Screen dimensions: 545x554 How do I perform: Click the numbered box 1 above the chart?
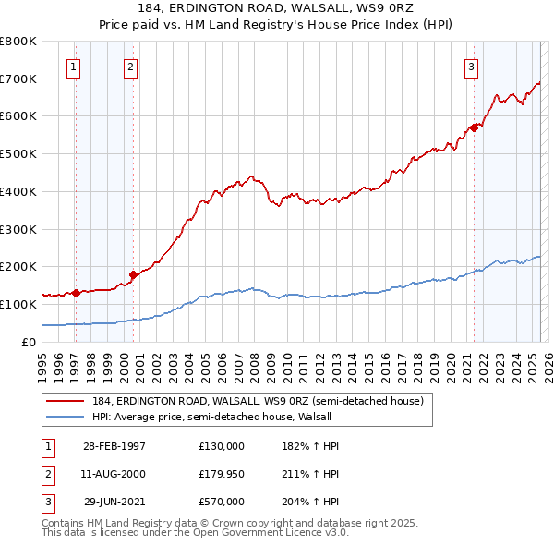(72, 67)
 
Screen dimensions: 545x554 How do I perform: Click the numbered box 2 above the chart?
(131, 67)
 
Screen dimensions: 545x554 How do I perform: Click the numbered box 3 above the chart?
(471, 67)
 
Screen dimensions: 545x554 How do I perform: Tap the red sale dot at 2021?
(475, 127)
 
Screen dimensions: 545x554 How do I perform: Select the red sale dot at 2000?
(133, 273)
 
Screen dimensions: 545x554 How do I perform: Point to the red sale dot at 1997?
(77, 293)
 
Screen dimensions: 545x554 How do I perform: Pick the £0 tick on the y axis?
(29, 342)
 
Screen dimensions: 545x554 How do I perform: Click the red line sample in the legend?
(66, 401)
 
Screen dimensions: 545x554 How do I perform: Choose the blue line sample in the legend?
(66, 416)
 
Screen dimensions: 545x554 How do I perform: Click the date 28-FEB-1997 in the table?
(114, 446)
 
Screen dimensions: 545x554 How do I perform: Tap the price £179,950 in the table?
(222, 474)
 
